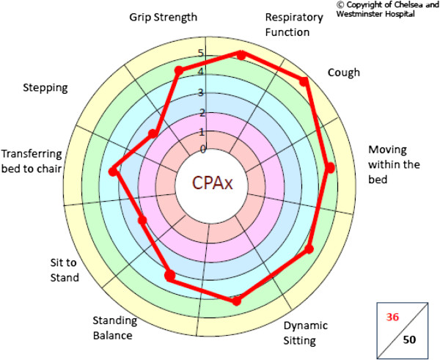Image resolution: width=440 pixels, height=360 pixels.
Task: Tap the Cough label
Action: pyautogui.click(x=344, y=73)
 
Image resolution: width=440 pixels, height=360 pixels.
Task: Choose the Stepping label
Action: pyautogui.click(x=45, y=87)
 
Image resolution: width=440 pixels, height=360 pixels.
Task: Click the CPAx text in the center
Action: pyautogui.click(x=212, y=183)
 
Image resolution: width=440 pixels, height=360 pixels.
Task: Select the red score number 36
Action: pyautogui.click(x=393, y=317)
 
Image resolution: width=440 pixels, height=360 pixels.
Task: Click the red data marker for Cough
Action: pyautogui.click(x=305, y=82)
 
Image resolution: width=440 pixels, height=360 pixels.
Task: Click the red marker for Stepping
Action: pyautogui.click(x=153, y=133)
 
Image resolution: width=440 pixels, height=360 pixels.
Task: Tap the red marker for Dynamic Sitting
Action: pyautogui.click(x=236, y=301)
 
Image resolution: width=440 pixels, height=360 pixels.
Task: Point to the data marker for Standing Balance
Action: pyautogui.click(x=170, y=276)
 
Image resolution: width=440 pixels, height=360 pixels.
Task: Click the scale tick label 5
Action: pyautogui.click(x=202, y=54)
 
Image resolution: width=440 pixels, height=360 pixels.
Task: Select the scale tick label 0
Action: pyautogui.click(x=203, y=150)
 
